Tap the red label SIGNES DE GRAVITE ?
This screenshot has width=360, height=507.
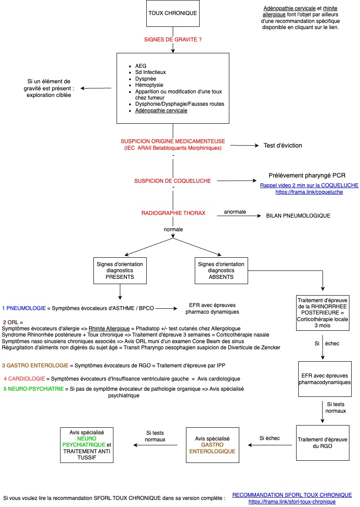173,40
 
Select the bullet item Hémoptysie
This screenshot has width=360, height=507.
149,85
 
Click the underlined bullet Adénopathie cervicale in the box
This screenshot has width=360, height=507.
161,111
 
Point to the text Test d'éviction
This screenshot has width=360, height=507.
283,145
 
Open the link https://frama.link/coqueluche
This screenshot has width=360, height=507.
309,192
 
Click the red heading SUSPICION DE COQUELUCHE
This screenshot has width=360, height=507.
172,181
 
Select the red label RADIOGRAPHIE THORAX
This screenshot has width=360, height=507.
173,213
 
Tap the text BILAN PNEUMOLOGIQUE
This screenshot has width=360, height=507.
298,216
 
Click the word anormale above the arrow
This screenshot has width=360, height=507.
235,212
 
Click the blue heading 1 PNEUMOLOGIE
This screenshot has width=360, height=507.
24,308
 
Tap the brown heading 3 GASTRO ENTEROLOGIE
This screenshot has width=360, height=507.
35,365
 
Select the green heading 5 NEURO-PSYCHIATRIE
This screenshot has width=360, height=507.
33,389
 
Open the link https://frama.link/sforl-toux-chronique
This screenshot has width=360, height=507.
292,502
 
